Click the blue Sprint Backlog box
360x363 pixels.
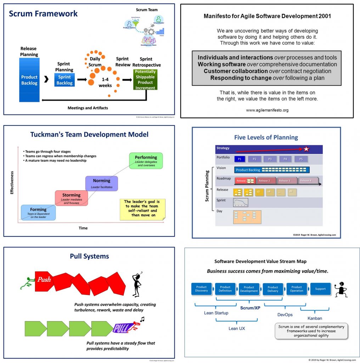point(64,80)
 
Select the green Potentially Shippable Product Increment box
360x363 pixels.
point(145,80)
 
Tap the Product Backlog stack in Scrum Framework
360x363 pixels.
point(29,80)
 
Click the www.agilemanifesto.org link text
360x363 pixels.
point(267,110)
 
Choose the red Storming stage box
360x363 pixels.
point(71,198)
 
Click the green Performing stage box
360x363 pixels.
point(146,161)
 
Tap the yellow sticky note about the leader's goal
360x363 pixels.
point(142,209)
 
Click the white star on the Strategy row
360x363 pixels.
point(306,149)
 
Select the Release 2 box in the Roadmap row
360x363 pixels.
point(266,181)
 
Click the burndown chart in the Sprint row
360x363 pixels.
point(241,202)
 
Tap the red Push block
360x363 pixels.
point(44,280)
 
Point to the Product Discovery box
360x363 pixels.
point(201,289)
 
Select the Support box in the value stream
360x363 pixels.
point(320,289)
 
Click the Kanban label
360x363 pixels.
point(315,318)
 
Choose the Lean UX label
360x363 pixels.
point(237,329)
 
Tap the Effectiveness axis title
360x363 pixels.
point(12,183)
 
